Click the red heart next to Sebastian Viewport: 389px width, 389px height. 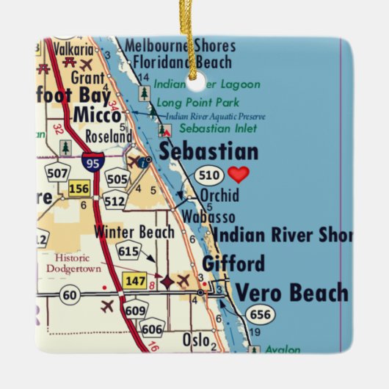pyautogui.click(x=239, y=175)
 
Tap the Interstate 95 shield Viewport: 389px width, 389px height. pyautogui.click(x=92, y=161)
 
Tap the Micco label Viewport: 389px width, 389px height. pyautogui.click(x=97, y=115)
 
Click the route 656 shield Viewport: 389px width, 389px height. pyautogui.click(x=260, y=315)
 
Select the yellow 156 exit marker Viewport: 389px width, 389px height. pyautogui.click(x=79, y=189)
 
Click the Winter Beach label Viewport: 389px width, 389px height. pyautogui.click(x=135, y=233)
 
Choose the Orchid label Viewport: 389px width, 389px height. pyautogui.click(x=219, y=196)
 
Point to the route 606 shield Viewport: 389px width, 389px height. pyautogui.click(x=153, y=330)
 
